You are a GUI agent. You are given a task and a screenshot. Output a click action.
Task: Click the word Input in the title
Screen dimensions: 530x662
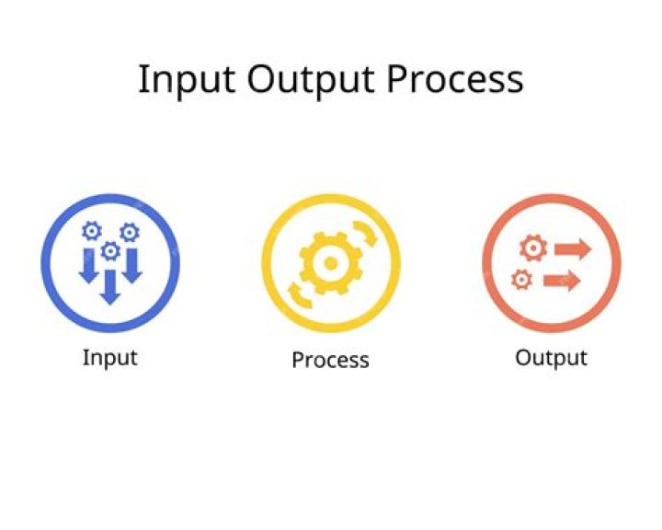click(x=187, y=80)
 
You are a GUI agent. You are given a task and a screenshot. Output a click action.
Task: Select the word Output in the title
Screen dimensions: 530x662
click(x=311, y=80)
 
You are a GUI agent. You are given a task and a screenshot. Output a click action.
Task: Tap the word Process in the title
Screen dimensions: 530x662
click(x=455, y=80)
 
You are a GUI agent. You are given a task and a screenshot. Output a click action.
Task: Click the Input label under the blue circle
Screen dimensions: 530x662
click(x=109, y=357)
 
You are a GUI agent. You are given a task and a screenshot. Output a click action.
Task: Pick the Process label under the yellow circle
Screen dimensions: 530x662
click(x=330, y=360)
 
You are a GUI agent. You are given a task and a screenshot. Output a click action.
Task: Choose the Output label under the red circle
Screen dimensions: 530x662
click(x=551, y=357)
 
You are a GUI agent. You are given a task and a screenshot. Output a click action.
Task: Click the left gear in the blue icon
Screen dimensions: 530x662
click(x=91, y=231)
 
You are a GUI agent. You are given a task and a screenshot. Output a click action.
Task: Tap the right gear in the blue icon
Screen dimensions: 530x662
click(x=130, y=232)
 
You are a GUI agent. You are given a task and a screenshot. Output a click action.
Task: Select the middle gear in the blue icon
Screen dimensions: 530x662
click(x=110, y=250)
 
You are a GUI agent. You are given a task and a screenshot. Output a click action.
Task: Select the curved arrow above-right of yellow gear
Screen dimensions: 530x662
click(x=366, y=233)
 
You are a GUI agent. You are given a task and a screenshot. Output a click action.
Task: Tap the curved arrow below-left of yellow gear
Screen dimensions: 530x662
click(x=296, y=294)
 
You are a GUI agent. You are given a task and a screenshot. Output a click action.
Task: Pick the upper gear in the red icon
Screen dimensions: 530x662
click(x=532, y=248)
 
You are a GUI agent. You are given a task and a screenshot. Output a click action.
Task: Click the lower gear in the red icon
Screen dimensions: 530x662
click(x=521, y=278)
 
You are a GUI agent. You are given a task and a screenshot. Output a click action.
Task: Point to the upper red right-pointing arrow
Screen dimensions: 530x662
click(x=572, y=248)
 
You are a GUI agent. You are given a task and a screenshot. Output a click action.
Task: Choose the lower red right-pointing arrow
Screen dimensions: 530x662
click(x=562, y=280)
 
